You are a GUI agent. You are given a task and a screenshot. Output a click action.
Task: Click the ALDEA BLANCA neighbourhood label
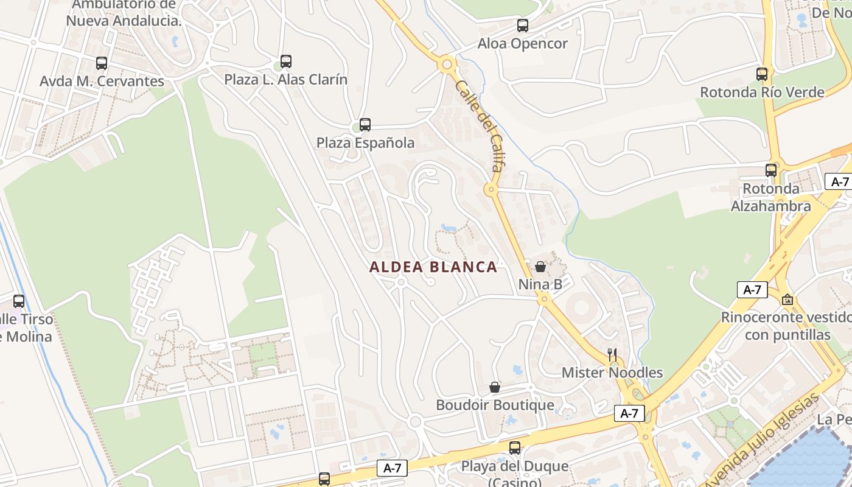point(433,267)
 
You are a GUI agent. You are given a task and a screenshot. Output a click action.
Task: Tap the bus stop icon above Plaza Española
point(365,125)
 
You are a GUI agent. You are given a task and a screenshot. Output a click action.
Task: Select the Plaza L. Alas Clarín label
point(286,80)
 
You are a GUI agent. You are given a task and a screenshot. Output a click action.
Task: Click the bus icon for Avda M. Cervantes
point(102,63)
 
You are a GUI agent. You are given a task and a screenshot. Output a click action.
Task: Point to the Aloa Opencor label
point(522,44)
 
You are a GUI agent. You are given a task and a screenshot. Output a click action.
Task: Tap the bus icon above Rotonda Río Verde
point(762,74)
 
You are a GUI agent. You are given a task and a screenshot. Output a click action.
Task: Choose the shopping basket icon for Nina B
point(540,267)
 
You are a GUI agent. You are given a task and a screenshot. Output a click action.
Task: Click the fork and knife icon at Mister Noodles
point(612,354)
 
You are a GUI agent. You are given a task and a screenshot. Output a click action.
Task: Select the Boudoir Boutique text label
point(495,405)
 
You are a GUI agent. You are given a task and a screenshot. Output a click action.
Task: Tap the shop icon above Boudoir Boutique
point(495,387)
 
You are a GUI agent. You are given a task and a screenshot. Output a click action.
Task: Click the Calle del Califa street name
point(479,125)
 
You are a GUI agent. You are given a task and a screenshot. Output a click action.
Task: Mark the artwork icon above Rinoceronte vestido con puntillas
point(787,300)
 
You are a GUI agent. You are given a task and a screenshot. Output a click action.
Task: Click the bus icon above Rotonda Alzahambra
point(771,170)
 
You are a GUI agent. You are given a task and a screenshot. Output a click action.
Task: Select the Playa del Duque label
point(514,467)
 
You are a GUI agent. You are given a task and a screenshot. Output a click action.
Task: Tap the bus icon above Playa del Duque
point(515,448)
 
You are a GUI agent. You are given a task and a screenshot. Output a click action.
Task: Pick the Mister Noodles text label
point(612,373)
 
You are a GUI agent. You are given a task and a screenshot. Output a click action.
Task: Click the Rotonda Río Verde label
point(762,93)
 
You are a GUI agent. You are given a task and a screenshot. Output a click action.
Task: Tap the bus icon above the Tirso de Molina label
point(19,301)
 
